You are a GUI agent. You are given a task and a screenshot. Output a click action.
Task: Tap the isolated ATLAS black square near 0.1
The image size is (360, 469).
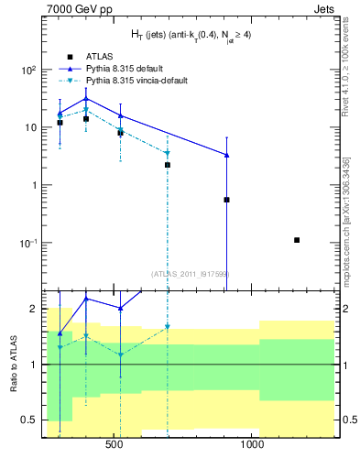(x=297, y=240)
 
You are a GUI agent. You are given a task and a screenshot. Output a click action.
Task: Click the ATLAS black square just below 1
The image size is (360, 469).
(x=226, y=200)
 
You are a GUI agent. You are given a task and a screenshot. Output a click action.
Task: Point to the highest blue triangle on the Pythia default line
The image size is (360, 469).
(x=86, y=99)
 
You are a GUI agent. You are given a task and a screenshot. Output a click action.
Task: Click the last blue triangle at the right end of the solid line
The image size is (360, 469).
(x=226, y=155)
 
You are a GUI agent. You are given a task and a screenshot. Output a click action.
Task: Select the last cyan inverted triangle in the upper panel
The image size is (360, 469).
(x=168, y=154)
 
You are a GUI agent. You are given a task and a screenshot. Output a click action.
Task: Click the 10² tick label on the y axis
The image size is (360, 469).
(x=28, y=70)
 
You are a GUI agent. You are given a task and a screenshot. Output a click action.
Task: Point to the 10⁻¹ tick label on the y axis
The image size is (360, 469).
(x=28, y=243)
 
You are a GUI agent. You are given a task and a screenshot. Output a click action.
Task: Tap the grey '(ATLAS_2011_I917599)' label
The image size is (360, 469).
(x=190, y=274)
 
